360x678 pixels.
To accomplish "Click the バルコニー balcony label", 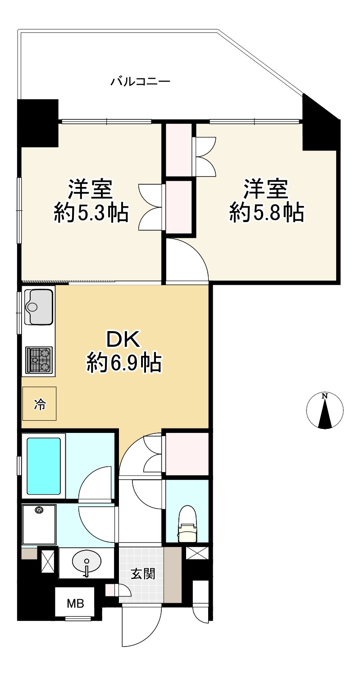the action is (x=140, y=82).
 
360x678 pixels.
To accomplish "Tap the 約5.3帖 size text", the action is (x=91, y=213).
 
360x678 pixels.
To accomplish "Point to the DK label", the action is (x=123, y=340).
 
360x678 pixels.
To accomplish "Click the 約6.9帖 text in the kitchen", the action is (x=124, y=363).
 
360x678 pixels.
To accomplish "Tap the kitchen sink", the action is (x=38, y=307).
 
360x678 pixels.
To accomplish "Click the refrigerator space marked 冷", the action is (x=39, y=404).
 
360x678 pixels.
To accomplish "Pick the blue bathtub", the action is (x=44, y=466).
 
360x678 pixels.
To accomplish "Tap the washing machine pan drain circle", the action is (x=39, y=510).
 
